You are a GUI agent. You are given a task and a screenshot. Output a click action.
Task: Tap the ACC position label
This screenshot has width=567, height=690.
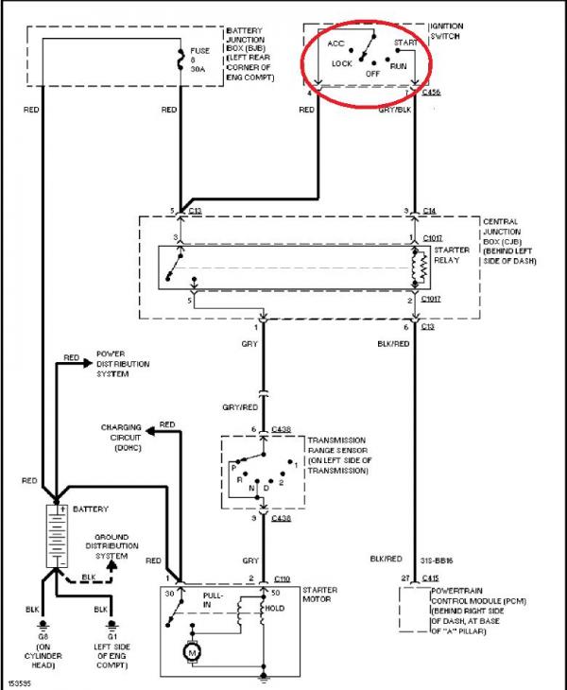335,43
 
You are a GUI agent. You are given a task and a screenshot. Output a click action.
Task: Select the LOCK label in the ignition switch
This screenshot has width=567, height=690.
342,64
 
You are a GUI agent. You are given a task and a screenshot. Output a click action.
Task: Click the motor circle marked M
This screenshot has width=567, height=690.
192,651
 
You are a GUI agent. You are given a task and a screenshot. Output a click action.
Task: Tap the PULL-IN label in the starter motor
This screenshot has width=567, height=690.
215,601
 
